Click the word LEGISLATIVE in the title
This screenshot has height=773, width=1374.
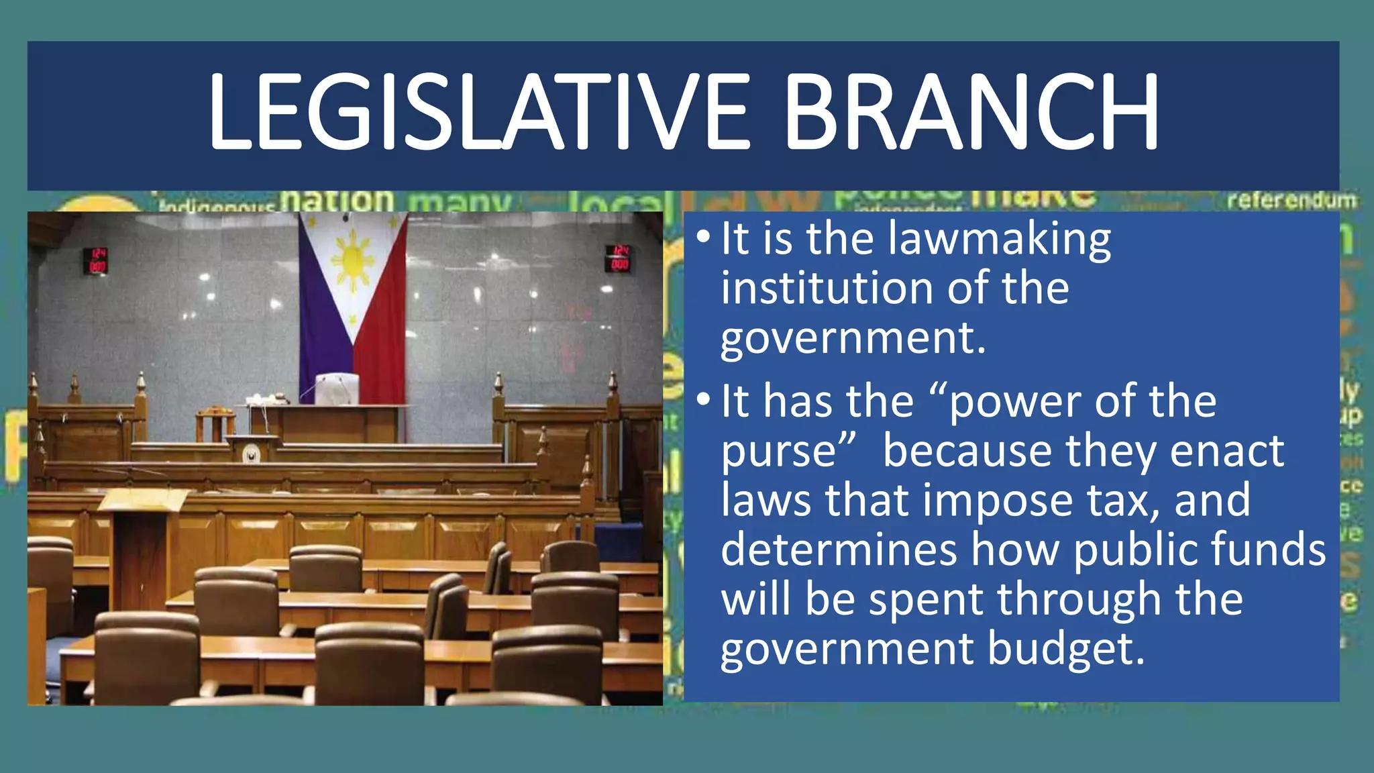(x=476, y=113)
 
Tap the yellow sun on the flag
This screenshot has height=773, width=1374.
(x=353, y=260)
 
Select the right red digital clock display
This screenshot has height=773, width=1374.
(x=618, y=258)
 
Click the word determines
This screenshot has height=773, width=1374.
(x=839, y=550)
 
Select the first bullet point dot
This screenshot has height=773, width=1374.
(x=702, y=237)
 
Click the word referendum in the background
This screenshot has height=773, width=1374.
(x=1292, y=200)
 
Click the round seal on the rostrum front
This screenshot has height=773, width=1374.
(x=252, y=454)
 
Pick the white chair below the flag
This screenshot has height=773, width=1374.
(x=337, y=390)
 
